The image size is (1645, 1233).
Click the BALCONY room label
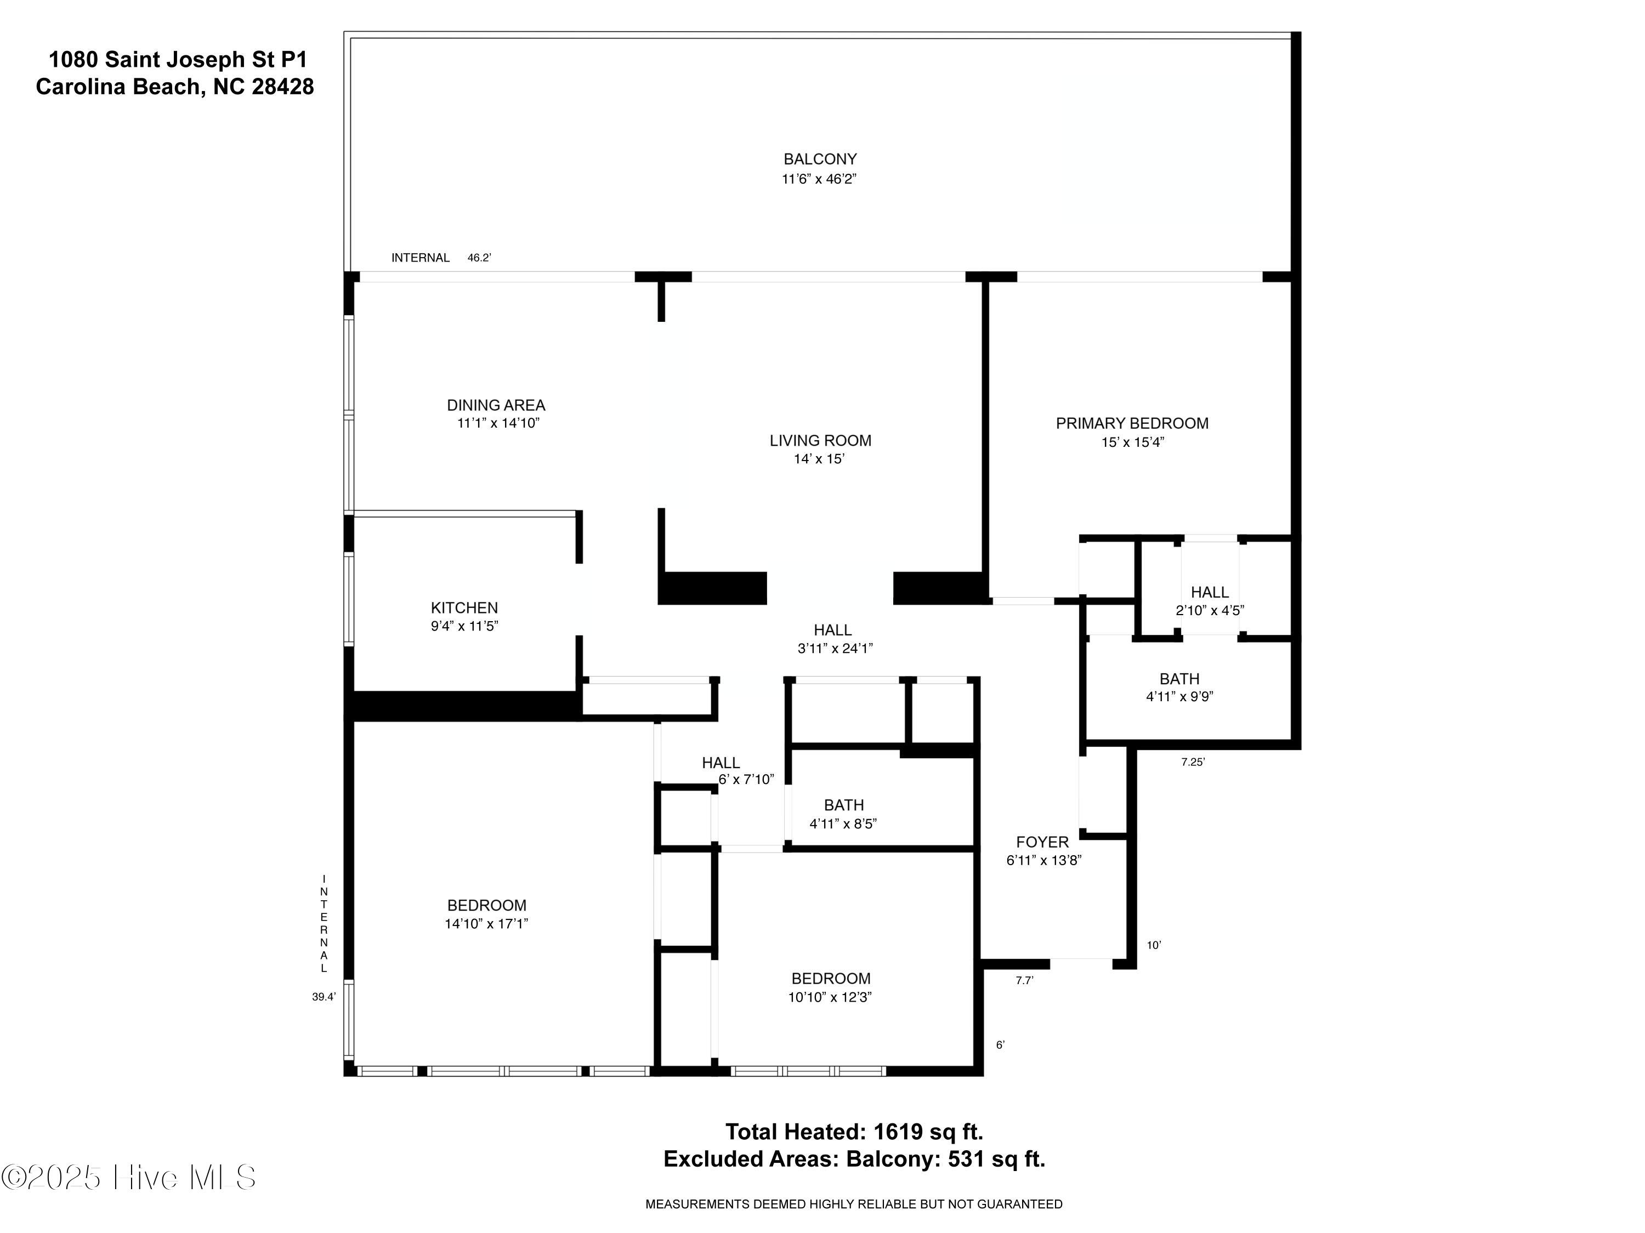tap(820, 159)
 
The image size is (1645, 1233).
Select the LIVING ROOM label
tap(820, 440)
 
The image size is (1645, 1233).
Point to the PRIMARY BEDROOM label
tap(1132, 423)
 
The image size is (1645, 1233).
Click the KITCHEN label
tap(464, 607)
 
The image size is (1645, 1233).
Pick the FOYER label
tap(1042, 842)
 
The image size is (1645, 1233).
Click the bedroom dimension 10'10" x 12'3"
tap(830, 997)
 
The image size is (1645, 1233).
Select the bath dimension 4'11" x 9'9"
tap(1179, 697)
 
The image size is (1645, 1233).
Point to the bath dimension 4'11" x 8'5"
tap(843, 823)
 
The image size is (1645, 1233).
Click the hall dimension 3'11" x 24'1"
tap(835, 647)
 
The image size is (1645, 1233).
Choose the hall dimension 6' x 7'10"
tap(746, 780)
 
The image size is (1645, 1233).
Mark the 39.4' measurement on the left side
tap(324, 997)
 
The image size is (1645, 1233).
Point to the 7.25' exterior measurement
tap(1193, 762)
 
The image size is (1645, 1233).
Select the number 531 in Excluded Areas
tap(965, 1158)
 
